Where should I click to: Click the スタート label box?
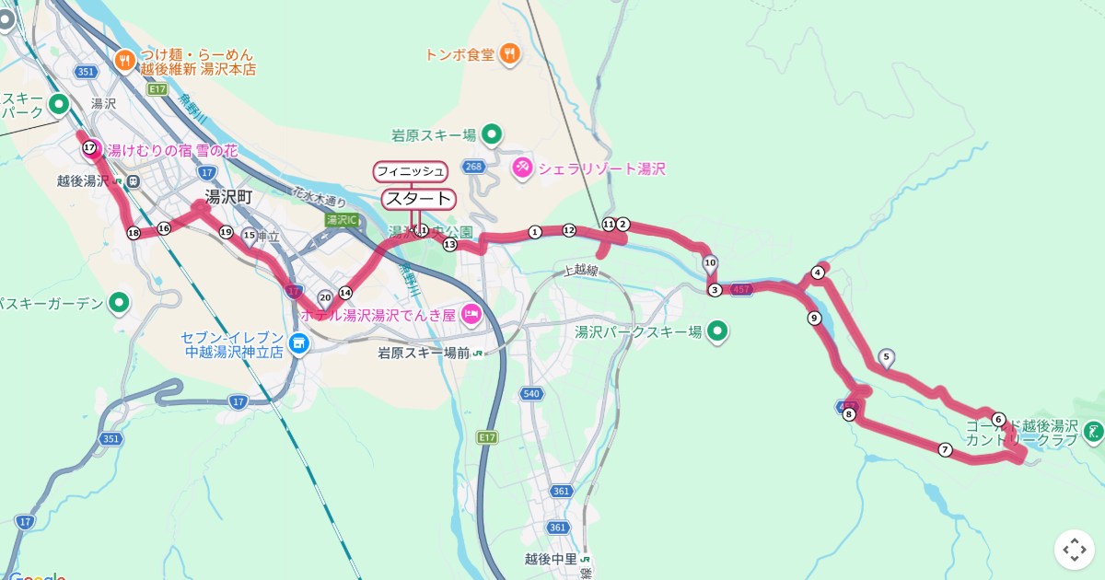[418, 199]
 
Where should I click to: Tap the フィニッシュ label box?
[410, 171]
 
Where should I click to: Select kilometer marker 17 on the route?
[89, 147]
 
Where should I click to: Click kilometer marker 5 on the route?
[886, 356]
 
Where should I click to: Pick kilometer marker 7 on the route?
[945, 449]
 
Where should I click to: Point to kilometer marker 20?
[325, 297]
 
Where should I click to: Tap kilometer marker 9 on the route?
[814, 319]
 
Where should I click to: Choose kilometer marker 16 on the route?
[164, 228]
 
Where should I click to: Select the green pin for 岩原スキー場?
[492, 135]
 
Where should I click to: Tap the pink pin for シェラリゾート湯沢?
[522, 168]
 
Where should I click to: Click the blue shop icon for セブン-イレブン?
[298, 343]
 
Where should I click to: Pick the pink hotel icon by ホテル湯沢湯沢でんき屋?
[471, 315]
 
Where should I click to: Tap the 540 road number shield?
[530, 394]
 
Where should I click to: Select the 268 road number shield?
[474, 167]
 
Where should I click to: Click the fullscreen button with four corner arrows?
[1074, 550]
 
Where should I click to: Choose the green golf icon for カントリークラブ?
[1093, 430]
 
